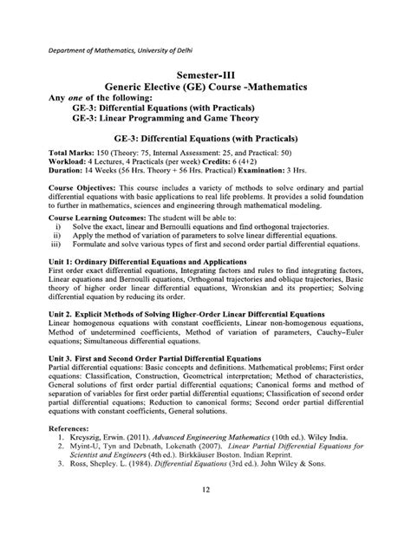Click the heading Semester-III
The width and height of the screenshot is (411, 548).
pos(205,75)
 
